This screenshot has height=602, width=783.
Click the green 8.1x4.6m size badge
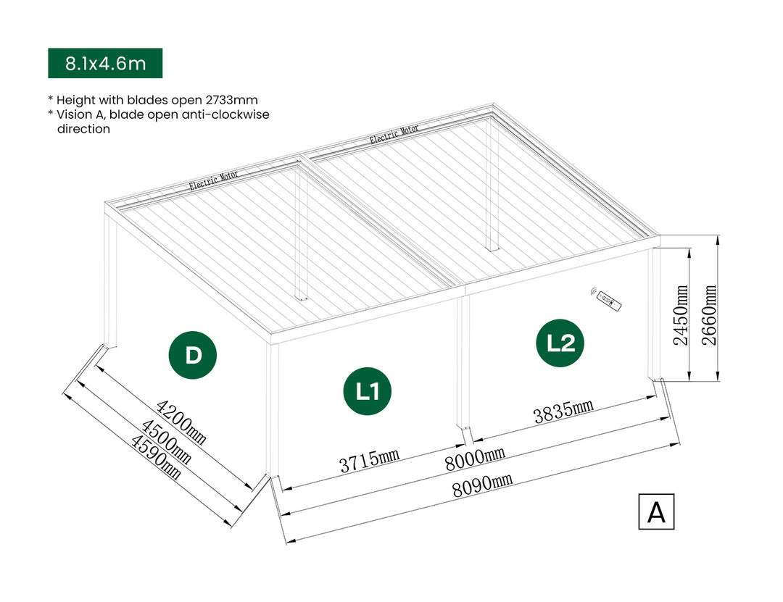pos(105,63)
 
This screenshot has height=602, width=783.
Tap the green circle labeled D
pos(193,355)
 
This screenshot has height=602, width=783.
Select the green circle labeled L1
pos(368,391)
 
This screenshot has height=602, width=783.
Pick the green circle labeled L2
pos(560,343)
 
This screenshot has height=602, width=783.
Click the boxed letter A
pos(656,511)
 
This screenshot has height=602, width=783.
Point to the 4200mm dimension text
pos(181,419)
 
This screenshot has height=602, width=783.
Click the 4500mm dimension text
pos(166,441)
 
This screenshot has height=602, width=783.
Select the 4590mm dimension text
pos(154,456)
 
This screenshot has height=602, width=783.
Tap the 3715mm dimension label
pos(370,460)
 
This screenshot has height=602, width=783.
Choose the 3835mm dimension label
pos(563,411)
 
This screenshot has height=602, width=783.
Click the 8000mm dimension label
pos(475,456)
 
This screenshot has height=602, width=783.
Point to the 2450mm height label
pos(681,315)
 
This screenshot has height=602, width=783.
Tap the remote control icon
pos(606,298)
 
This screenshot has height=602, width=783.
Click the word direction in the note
pos(83,129)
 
